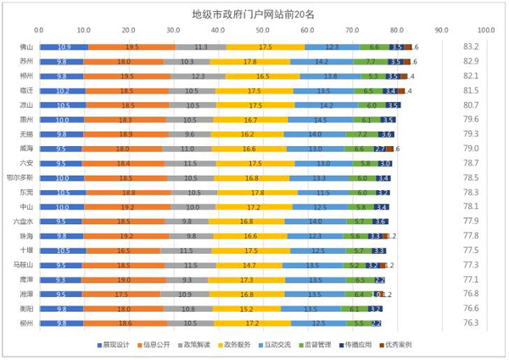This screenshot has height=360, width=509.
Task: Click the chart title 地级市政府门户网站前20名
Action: click(254, 15)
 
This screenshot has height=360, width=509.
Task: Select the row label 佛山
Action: click(26, 48)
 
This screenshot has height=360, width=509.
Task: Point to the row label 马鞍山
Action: click(26, 266)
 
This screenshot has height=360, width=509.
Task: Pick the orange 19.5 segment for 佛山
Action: click(131, 48)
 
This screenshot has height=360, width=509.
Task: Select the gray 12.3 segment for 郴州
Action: click(198, 76)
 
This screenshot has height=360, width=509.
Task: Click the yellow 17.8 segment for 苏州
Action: click(249, 62)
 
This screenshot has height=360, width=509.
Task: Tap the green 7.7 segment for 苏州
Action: click(370, 62)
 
